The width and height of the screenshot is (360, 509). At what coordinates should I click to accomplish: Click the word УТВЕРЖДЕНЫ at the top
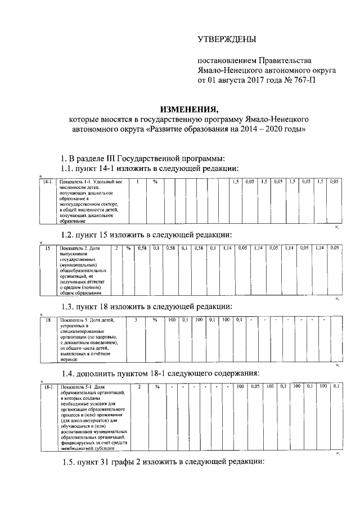[x=226, y=39]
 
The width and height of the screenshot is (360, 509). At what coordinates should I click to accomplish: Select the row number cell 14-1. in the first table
[x=48, y=182]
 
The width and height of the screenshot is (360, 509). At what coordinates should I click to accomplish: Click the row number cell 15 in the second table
[x=48, y=248]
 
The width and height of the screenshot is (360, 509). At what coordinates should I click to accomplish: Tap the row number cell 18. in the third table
[x=48, y=320]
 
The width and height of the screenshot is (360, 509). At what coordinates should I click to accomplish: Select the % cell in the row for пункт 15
[x=128, y=248]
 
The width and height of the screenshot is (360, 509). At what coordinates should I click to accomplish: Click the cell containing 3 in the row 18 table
[x=136, y=320]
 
